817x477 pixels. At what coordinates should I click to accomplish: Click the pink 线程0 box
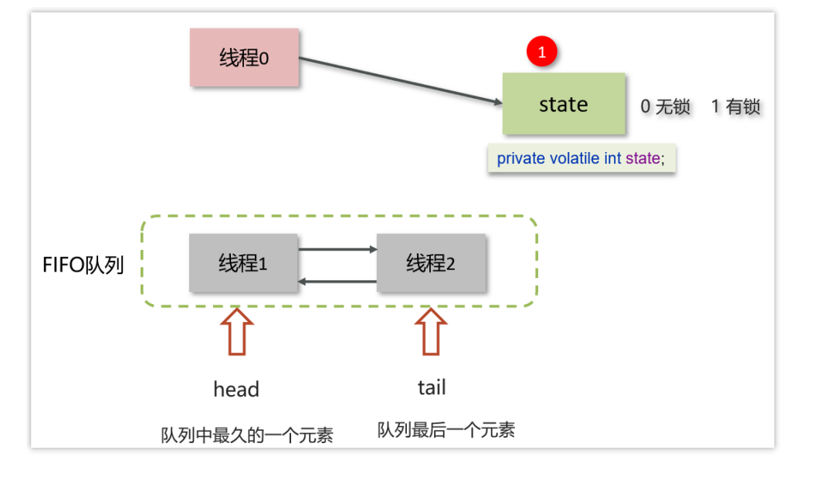244,58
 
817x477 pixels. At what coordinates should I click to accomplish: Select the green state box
564,104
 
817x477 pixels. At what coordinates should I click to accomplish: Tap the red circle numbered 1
541,52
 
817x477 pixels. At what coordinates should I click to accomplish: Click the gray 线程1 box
243,263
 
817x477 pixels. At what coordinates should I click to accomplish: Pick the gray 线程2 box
431,263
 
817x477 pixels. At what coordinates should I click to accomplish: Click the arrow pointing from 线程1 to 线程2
337,249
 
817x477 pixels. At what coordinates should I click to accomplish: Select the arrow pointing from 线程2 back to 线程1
337,282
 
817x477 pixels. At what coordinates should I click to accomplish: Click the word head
236,389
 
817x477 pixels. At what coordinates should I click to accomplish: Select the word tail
432,387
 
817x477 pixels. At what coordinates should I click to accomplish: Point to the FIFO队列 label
83,266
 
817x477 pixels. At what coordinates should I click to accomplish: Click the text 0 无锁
665,107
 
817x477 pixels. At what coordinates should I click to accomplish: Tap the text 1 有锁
735,107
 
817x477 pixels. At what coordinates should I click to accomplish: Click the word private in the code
521,158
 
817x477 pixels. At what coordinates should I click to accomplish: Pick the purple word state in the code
642,158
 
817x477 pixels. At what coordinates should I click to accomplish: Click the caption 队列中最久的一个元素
247,435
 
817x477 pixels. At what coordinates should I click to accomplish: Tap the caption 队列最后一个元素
446,430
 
